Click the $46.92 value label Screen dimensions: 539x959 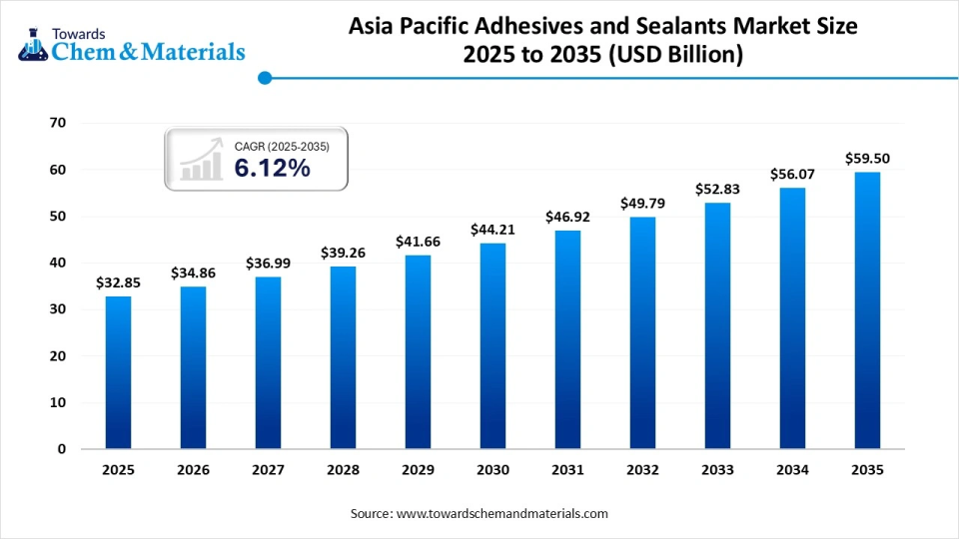[566, 217]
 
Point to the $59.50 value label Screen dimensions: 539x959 [867, 158]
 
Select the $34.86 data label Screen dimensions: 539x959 [193, 272]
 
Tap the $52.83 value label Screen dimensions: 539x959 [717, 190]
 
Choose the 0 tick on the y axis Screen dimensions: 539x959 [61, 449]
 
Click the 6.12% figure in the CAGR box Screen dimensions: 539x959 [272, 169]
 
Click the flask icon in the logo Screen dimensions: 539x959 [32, 42]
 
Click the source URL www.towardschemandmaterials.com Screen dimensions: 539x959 [501, 513]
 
